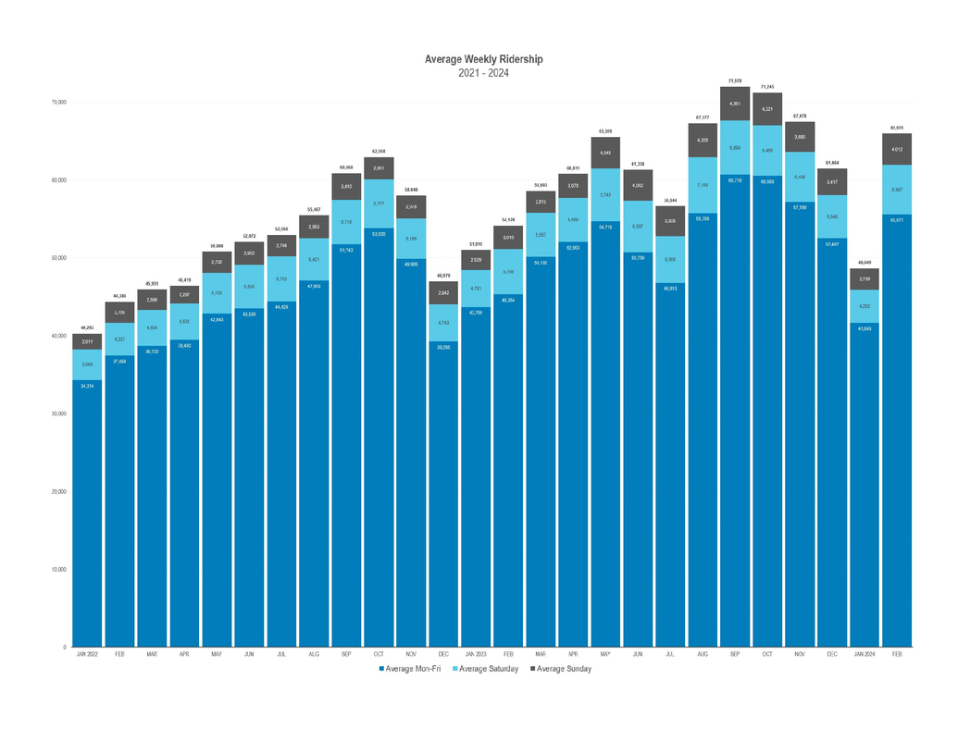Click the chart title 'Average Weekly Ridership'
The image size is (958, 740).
tap(483, 59)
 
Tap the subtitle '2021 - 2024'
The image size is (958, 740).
tap(483, 73)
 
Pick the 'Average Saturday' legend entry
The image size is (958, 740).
tap(491, 669)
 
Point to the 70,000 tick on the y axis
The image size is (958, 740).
tap(57, 102)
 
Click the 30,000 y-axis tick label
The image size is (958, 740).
tap(57, 413)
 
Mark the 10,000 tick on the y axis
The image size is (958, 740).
tap(57, 569)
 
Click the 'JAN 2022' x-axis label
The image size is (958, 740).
tap(88, 654)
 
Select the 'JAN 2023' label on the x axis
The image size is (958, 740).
tap(475, 654)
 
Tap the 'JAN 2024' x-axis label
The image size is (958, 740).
tap(864, 654)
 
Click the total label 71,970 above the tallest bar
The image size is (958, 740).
tap(734, 81)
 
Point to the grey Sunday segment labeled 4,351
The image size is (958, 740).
tap(734, 104)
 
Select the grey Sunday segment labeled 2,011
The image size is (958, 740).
tap(88, 342)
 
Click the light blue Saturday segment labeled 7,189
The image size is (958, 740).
tap(702, 185)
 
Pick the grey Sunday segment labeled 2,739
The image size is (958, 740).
tap(864, 279)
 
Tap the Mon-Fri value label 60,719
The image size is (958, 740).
tap(734, 180)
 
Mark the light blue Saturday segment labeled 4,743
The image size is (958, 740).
tap(443, 322)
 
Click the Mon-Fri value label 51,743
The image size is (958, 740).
tap(346, 249)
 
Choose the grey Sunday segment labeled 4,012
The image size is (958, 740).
tap(896, 149)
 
